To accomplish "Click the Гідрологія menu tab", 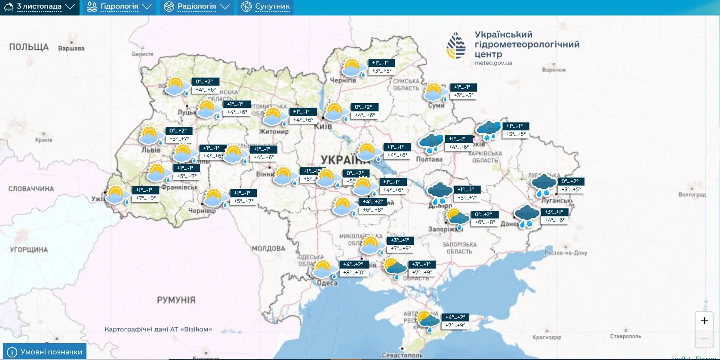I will [x=119, y=7].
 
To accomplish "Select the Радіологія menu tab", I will [x=197, y=7].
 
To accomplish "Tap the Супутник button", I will [x=266, y=7].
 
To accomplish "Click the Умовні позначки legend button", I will [x=45, y=351].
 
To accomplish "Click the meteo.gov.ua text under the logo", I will [x=493, y=63].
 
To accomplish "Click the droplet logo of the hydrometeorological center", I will [x=456, y=45].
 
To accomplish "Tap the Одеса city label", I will [x=327, y=283].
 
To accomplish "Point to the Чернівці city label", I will [x=202, y=211].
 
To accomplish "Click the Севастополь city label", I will [x=402, y=355].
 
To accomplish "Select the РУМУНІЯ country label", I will [x=176, y=300].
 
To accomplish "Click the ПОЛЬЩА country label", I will [x=29, y=47].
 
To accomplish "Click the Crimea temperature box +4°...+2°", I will [x=455, y=317].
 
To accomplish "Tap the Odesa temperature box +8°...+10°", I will [x=354, y=272].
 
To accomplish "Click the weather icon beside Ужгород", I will [x=117, y=195].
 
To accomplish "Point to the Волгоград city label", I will [x=692, y=194].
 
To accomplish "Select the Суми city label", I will [x=436, y=105].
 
